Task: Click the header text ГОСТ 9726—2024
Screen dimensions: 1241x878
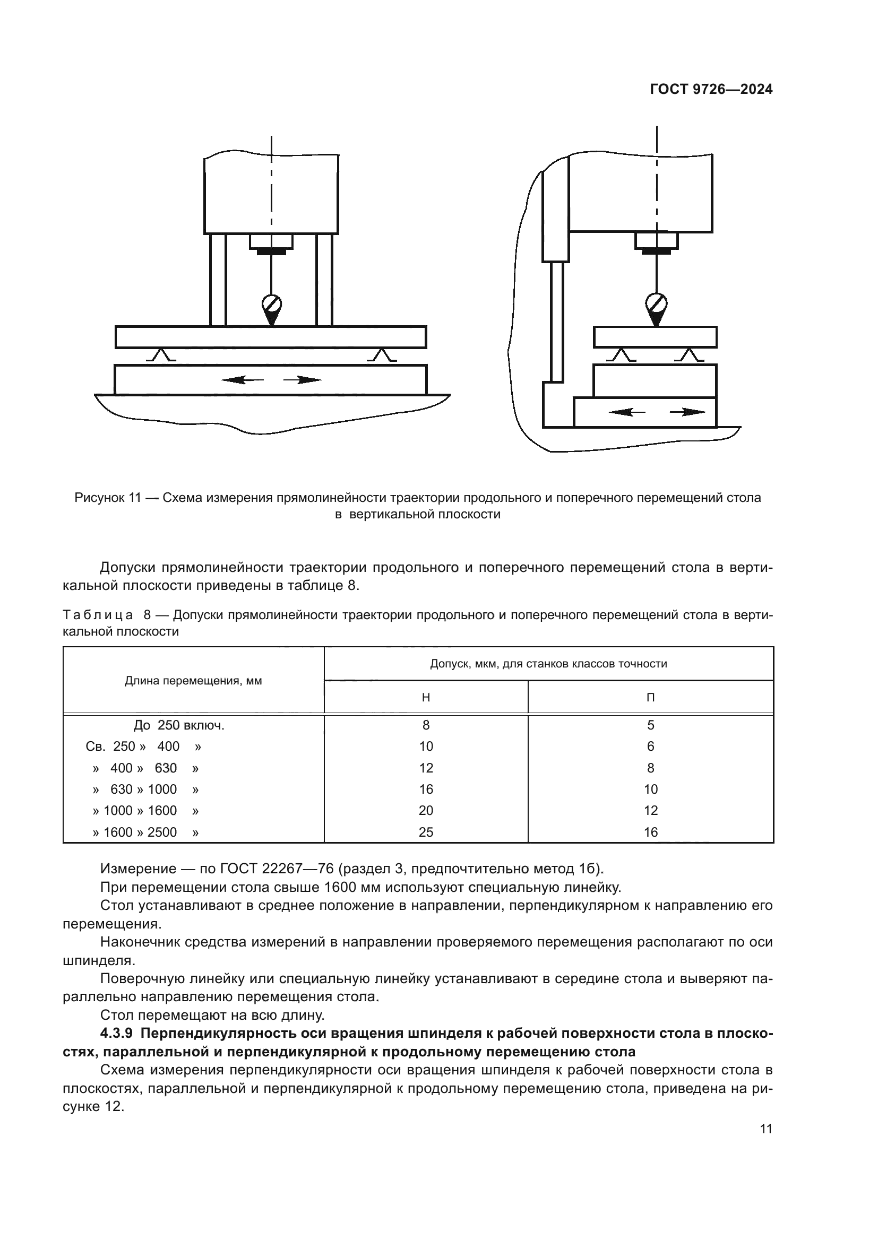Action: click(x=711, y=90)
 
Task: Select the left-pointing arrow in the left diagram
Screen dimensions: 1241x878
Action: click(x=242, y=380)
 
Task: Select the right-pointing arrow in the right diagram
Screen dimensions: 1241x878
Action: click(x=687, y=412)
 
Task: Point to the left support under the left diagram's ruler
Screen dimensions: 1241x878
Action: click(x=161, y=355)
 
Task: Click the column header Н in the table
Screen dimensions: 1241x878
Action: click(x=426, y=697)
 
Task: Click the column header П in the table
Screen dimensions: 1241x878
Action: click(x=650, y=697)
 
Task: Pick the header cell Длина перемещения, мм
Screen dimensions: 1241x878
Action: click(x=194, y=681)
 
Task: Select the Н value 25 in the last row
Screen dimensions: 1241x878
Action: click(x=426, y=832)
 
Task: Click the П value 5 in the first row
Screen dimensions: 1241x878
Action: click(x=650, y=725)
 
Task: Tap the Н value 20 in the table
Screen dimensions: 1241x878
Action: click(x=426, y=810)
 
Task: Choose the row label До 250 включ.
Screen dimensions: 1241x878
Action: click(x=179, y=725)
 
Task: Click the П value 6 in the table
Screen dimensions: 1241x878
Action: click(x=650, y=747)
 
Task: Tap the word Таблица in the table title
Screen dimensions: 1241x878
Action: click(x=98, y=615)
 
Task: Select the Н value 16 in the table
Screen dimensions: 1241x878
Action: click(x=426, y=789)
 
